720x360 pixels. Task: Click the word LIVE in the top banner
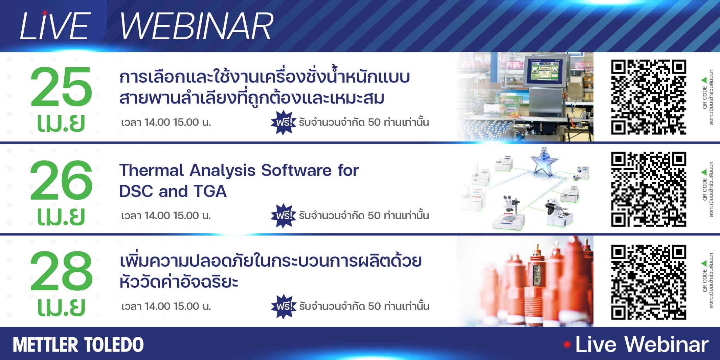55,26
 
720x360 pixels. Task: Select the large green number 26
61,180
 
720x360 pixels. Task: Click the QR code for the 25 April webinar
649,97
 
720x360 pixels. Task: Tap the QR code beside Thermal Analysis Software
649,189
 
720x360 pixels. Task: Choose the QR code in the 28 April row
649,282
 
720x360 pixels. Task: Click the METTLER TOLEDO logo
78,345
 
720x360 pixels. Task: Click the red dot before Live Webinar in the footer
567,345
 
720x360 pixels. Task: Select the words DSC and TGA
173,191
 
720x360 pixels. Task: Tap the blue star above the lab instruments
544,162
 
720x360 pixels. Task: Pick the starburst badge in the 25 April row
284,122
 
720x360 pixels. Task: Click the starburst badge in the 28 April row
284,307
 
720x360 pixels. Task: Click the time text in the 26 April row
166,216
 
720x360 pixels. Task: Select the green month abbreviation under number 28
61,307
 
